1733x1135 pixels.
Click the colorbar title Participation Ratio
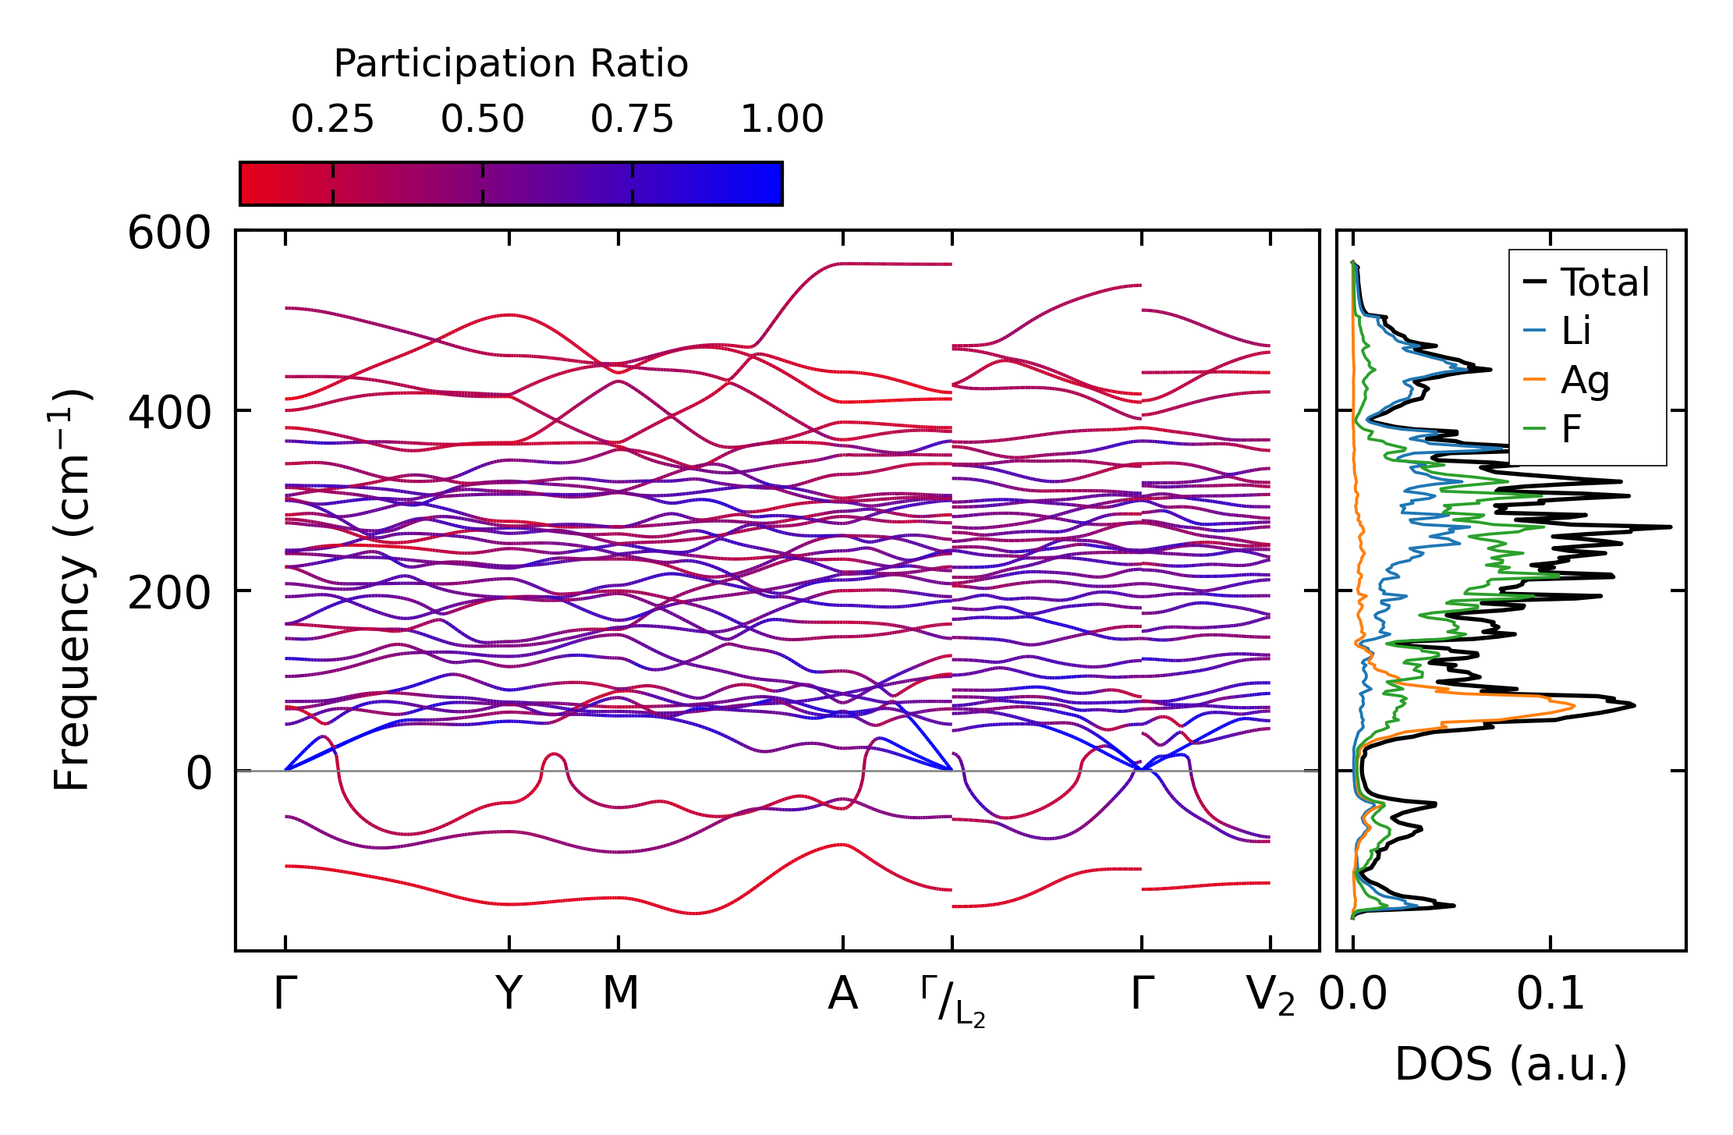[x=511, y=64]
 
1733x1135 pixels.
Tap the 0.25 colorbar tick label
[x=332, y=119]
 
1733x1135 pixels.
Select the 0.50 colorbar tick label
[x=482, y=119]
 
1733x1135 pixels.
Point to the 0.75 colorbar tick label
[x=632, y=119]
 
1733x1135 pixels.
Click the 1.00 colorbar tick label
[x=781, y=119]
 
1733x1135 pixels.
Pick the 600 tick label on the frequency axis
[x=169, y=233]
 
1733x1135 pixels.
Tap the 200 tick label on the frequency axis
[x=169, y=593]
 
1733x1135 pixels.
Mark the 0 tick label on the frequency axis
[x=199, y=773]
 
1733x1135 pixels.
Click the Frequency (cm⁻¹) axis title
[x=72, y=590]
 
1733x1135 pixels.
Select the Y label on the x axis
[x=509, y=994]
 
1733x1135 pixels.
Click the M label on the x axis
[x=620, y=994]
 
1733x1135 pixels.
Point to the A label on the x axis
[x=842, y=994]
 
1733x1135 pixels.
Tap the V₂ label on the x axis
[x=1270, y=996]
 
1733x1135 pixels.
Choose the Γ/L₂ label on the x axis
[x=952, y=1001]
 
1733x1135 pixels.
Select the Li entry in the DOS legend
[x=1575, y=331]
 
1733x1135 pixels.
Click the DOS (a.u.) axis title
[x=1511, y=1065]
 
